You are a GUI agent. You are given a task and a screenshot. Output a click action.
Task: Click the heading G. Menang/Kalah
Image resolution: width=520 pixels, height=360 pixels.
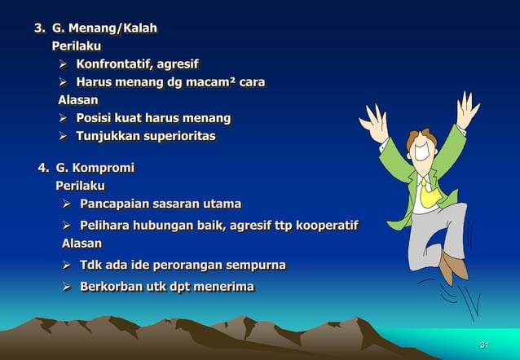[104, 29]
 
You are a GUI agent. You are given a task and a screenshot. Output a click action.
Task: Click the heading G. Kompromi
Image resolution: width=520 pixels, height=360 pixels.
[95, 169]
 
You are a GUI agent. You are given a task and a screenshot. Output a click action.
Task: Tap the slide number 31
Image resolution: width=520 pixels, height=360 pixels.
[484, 346]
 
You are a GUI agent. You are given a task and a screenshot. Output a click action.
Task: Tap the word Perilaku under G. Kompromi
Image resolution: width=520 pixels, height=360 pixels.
[81, 187]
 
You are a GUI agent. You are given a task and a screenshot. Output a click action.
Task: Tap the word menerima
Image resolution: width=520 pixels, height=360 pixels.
[223, 286]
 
